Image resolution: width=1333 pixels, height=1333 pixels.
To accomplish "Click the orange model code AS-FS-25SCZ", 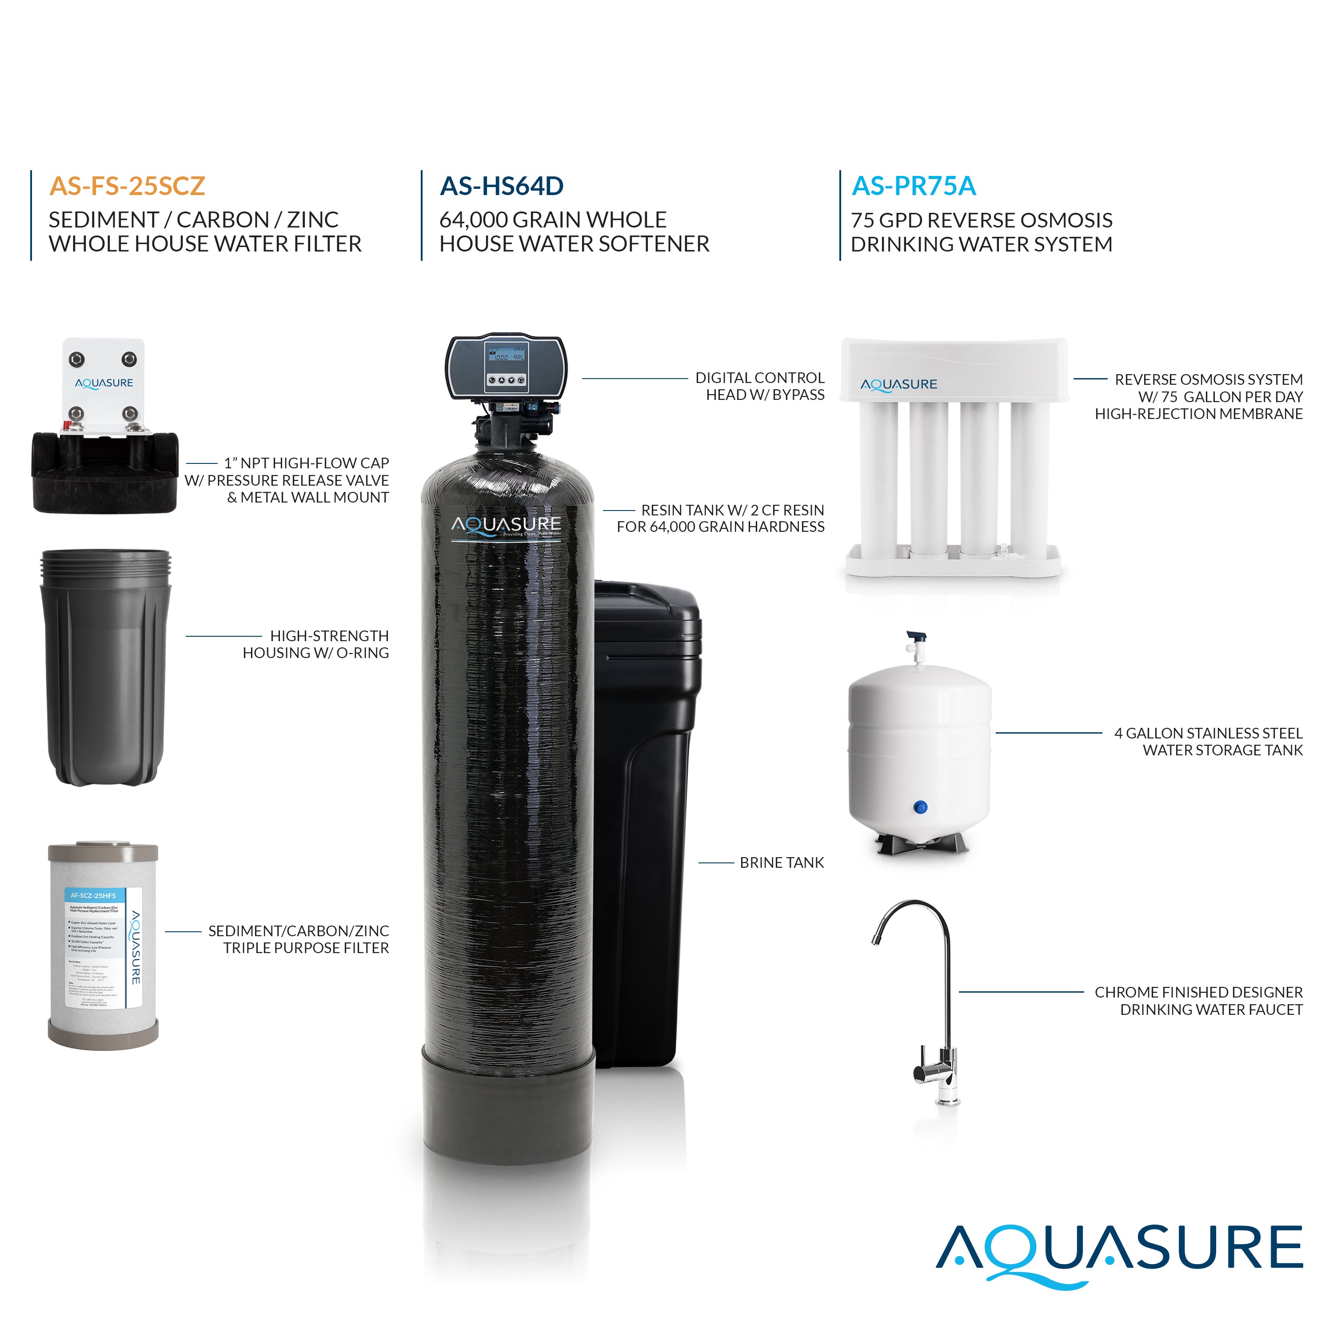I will [127, 186].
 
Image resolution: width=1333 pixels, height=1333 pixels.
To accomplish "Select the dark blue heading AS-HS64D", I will [502, 186].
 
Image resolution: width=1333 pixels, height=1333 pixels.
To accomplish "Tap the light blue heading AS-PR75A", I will [914, 186].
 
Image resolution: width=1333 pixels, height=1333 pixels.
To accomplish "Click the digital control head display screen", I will [506, 355].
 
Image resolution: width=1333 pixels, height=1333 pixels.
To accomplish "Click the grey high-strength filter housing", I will [105, 667].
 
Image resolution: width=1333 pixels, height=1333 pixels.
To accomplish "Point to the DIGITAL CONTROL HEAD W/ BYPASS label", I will [760, 387].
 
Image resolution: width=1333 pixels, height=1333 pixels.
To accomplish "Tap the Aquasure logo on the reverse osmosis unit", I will [898, 385].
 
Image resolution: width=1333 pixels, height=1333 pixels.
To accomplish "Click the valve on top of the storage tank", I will [916, 645].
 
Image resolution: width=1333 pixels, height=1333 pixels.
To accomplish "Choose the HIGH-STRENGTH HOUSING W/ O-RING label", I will [316, 644].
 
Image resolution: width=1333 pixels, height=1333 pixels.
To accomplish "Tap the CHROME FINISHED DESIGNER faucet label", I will [1198, 1001].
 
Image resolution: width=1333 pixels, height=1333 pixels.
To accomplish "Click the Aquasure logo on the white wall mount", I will [104, 383].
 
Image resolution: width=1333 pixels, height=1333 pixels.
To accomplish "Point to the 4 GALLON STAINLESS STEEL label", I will [1208, 742].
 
